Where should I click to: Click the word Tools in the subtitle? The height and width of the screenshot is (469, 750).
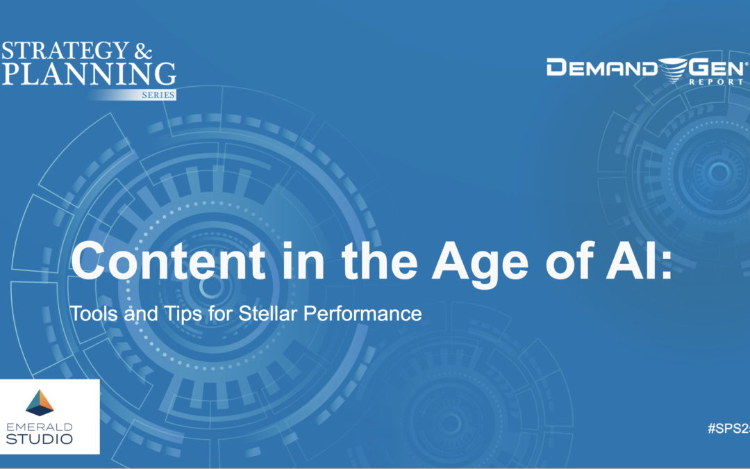(x=92, y=313)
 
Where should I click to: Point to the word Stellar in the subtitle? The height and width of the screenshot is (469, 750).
(x=267, y=313)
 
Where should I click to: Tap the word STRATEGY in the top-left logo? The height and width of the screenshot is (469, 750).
(x=66, y=51)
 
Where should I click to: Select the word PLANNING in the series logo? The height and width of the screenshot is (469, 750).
(x=88, y=72)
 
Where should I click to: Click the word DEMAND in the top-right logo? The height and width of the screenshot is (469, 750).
(x=599, y=67)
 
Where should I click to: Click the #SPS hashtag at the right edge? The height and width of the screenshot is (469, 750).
(x=729, y=429)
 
